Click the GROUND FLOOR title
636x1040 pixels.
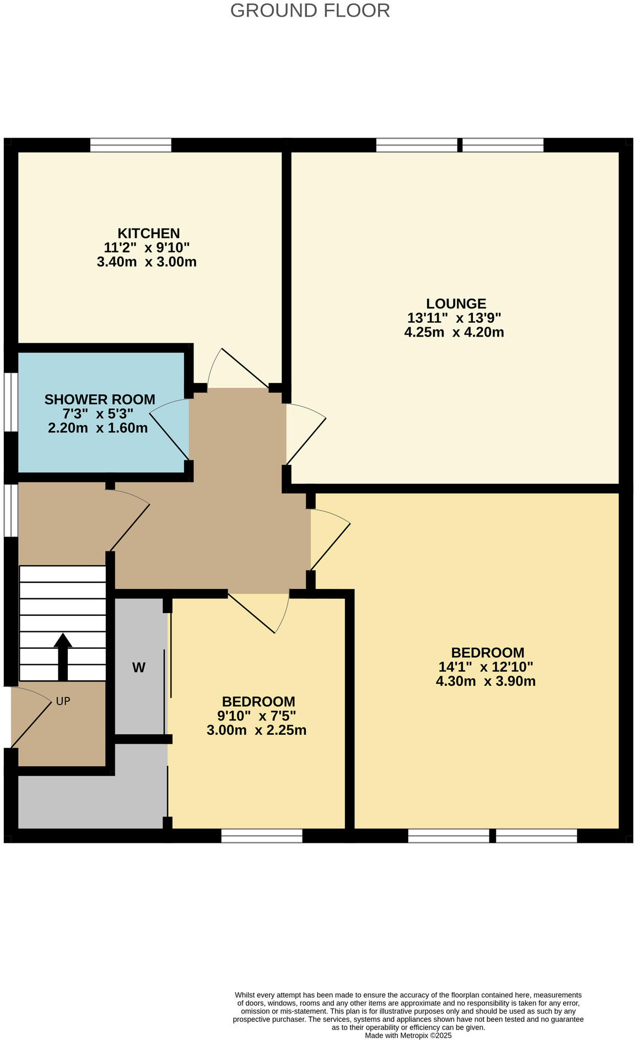pos(310,10)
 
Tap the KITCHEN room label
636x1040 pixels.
pos(148,233)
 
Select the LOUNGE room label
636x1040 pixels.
pos(456,304)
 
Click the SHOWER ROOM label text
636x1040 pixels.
pos(100,399)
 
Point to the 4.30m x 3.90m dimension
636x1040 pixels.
pos(486,681)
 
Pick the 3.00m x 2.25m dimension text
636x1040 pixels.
pos(256,730)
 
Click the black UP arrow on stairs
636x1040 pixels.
pos(63,656)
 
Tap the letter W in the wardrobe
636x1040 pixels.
pos(139,668)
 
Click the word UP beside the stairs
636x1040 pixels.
pos(63,701)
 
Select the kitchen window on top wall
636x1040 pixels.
pos(131,145)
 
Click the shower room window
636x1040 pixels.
pos(10,402)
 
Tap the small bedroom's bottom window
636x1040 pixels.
pos(262,836)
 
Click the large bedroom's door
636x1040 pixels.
pos(329,540)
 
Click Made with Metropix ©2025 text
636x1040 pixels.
pos(408,1036)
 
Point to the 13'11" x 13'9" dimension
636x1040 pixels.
pos(454,318)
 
